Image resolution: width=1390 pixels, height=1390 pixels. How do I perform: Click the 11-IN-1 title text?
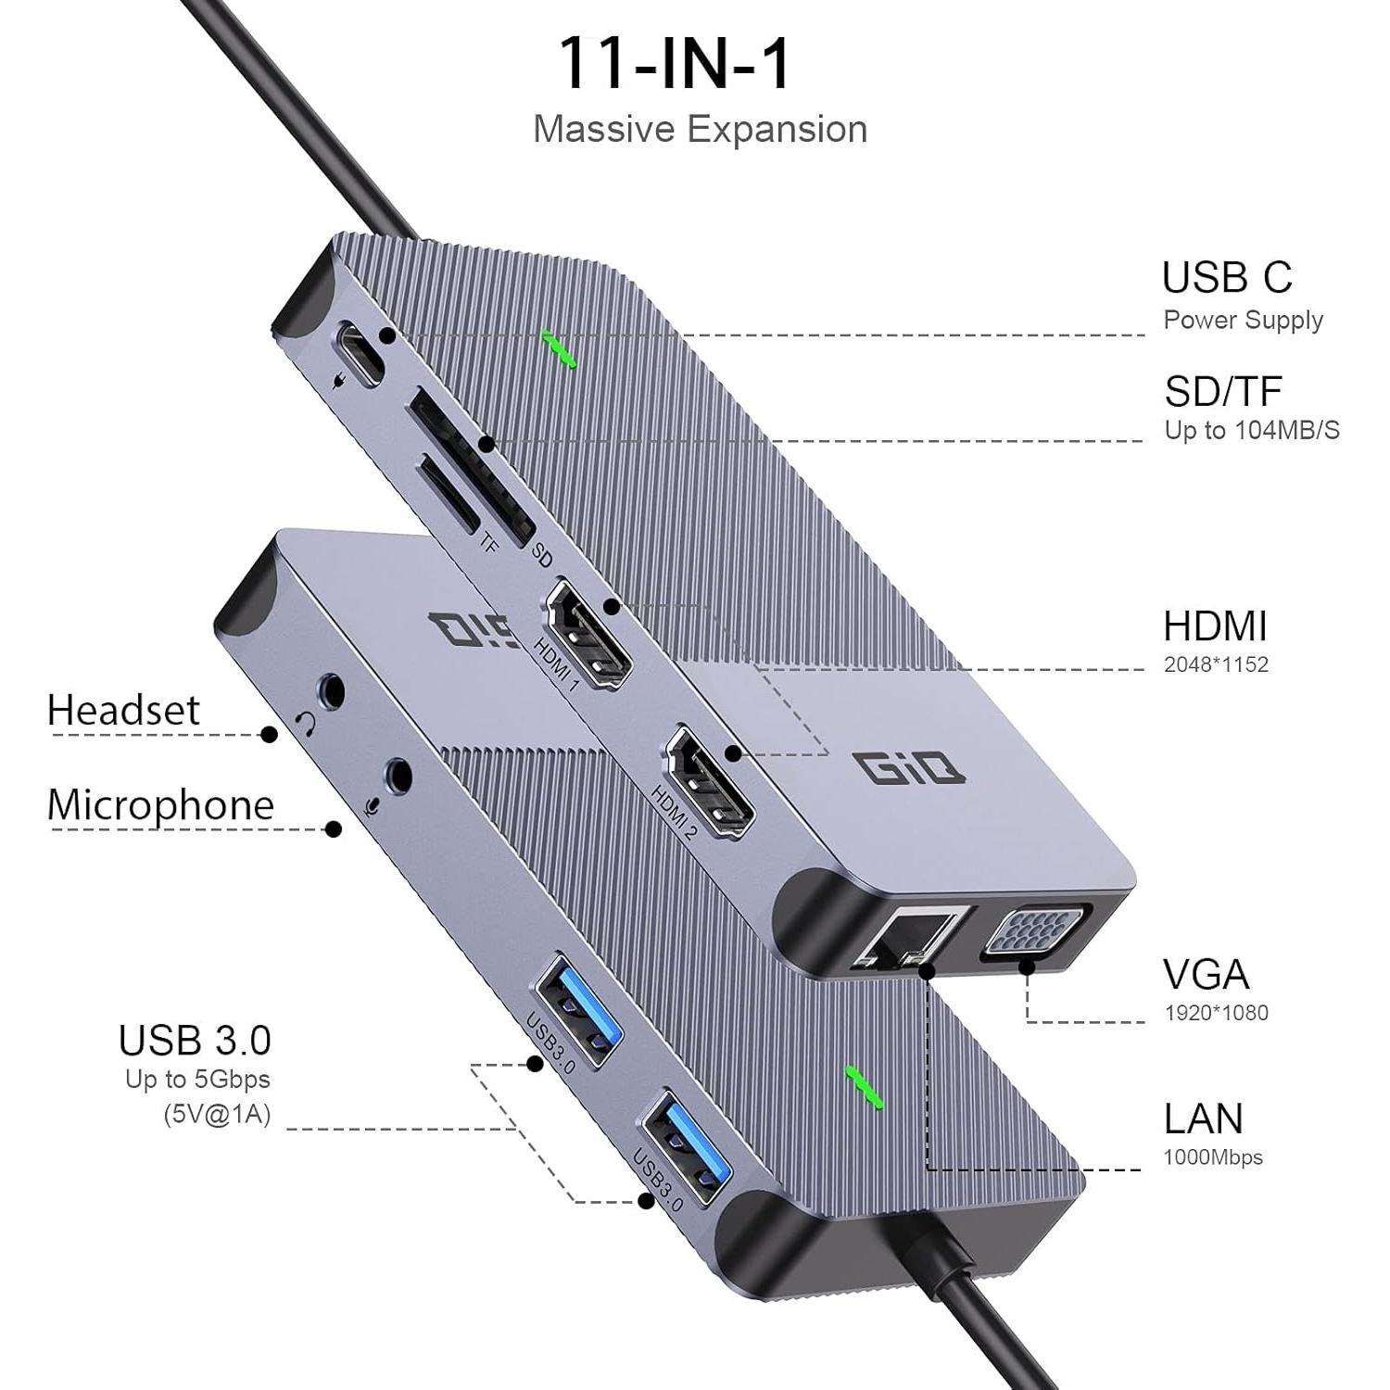(x=674, y=64)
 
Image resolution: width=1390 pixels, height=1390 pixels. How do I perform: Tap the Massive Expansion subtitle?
(x=700, y=130)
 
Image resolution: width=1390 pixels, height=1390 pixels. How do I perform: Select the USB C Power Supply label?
(x=1242, y=294)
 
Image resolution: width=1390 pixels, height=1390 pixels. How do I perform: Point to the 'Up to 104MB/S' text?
(x=1251, y=430)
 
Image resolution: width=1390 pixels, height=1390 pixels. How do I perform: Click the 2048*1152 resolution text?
(x=1216, y=664)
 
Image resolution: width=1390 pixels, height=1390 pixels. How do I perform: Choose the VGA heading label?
(x=1206, y=975)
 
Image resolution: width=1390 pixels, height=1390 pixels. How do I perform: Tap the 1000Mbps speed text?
(x=1213, y=1157)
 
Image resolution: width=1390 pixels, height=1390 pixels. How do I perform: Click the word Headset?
(x=123, y=711)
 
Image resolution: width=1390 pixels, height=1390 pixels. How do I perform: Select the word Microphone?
(x=160, y=804)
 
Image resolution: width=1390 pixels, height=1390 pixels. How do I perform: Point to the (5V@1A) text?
(x=217, y=1113)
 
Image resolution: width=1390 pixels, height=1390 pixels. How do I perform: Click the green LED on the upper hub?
(x=560, y=349)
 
